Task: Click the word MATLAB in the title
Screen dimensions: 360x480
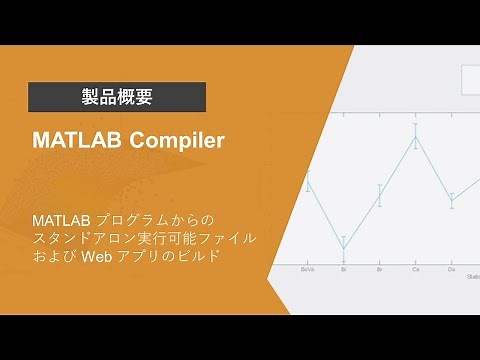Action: pyautogui.click(x=73, y=141)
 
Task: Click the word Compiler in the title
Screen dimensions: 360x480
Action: pyautogui.click(x=173, y=141)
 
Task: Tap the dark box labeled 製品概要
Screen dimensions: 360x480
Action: pyautogui.click(x=116, y=97)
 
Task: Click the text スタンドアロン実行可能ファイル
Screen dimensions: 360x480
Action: pyautogui.click(x=144, y=238)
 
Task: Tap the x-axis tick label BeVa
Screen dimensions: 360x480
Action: pyautogui.click(x=309, y=269)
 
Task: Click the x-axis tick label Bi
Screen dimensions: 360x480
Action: pyautogui.click(x=343, y=269)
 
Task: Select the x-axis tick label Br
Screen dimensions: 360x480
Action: pyautogui.click(x=379, y=269)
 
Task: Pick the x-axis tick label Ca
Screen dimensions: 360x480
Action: pyautogui.click(x=415, y=269)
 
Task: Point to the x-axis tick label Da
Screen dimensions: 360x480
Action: pyautogui.click(x=451, y=269)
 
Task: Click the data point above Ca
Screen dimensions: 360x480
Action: pyautogui.click(x=415, y=137)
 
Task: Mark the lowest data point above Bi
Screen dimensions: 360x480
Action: pyautogui.click(x=343, y=246)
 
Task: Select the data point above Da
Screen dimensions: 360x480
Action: pyautogui.click(x=451, y=200)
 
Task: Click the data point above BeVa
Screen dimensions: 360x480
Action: pyautogui.click(x=309, y=184)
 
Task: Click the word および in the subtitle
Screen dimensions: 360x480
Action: pyautogui.click(x=55, y=257)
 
